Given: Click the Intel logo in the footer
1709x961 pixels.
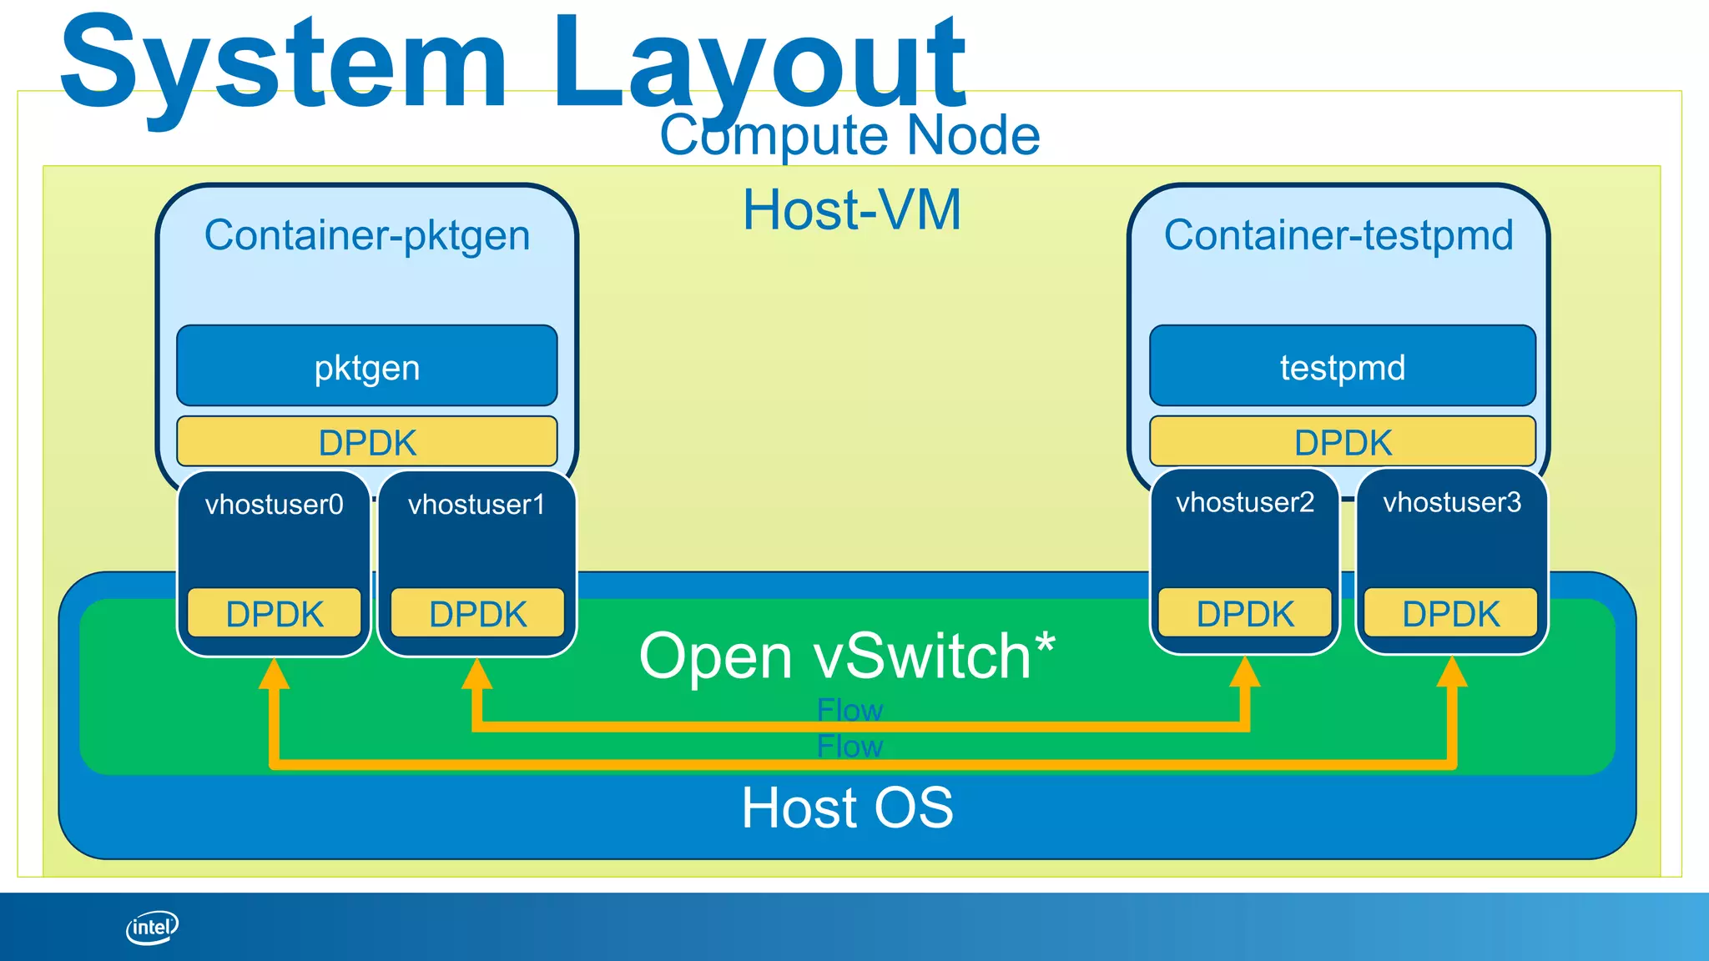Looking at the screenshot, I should pos(152,927).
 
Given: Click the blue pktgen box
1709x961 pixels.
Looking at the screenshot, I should pos(367,366).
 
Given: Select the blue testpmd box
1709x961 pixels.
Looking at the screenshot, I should pos(1342,366).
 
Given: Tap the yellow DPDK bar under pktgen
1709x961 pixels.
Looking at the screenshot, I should pos(367,442).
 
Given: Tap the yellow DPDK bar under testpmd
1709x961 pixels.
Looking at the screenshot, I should pos(1342,442).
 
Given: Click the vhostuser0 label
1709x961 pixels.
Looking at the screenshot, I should pos(275,505).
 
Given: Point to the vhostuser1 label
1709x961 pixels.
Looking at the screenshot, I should pos(476,505).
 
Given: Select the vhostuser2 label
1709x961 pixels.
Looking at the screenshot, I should pos(1245,502).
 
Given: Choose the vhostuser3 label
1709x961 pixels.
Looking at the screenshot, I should pos(1452,502).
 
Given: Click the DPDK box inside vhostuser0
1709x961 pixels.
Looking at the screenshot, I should pos(275,614).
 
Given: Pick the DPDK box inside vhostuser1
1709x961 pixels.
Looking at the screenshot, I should pos(477,614).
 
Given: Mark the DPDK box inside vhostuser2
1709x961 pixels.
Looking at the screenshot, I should pos(1245,614).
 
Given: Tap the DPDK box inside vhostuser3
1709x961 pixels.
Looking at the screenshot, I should pos(1451,614).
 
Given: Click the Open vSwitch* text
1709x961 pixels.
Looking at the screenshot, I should pos(847,657).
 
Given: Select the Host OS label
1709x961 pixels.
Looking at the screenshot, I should pos(847,808).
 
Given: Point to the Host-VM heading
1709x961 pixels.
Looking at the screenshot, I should pos(852,209).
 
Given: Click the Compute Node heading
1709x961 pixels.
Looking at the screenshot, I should pos(849,136).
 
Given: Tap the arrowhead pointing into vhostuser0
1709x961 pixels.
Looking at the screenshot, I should pos(274,674).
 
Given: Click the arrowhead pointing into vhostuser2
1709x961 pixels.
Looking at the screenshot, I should pos(1245,672).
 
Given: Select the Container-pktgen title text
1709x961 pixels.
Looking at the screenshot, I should pos(367,235).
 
